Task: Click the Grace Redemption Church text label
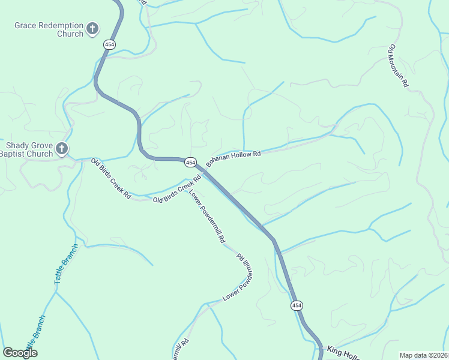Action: pos(49,29)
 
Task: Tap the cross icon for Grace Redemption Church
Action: pos(92,28)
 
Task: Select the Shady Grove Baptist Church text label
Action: pos(30,149)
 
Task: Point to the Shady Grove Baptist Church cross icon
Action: pos(61,149)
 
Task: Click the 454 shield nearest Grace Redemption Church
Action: pos(109,44)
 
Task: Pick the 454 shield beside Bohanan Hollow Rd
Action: pos(190,163)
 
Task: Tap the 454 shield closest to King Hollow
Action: pos(297,306)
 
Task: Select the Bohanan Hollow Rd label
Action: pos(234,158)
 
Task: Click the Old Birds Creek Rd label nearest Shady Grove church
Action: pos(111,179)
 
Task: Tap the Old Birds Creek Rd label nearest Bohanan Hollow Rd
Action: pos(176,191)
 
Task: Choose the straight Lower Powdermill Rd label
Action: pos(207,217)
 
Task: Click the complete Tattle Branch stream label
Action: pos(66,265)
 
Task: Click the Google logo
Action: pos(20,353)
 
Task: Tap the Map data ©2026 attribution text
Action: pos(424,355)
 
